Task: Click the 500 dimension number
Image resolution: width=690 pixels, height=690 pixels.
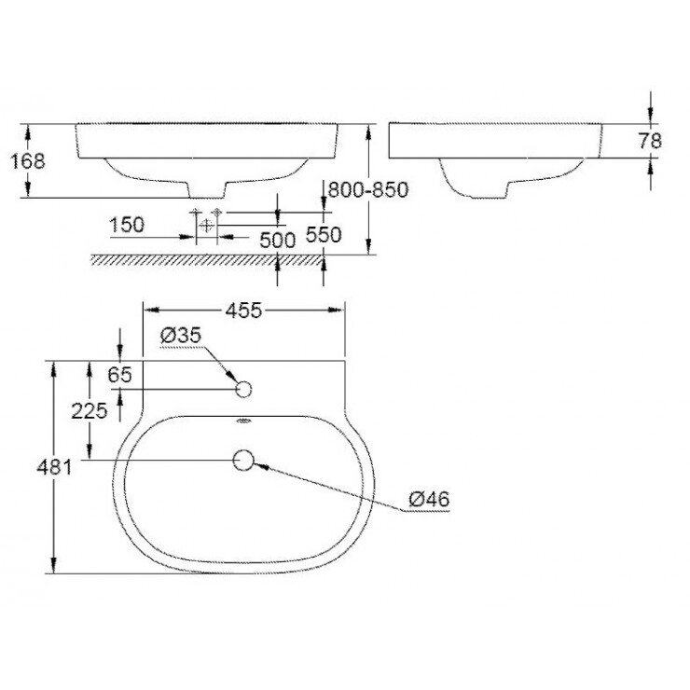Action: coord(277,239)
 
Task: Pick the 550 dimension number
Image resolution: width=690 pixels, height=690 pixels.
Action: coord(324,236)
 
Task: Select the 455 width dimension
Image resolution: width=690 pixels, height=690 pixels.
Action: coord(243,310)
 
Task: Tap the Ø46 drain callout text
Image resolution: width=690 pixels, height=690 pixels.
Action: coord(430,500)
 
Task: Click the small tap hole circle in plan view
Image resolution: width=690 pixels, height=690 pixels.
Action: coord(244,389)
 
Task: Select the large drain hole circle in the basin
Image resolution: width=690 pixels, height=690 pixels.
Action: coord(244,460)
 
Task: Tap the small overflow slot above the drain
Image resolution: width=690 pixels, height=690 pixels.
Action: coord(244,422)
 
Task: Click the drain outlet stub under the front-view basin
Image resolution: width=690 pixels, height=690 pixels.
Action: coord(206,189)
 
